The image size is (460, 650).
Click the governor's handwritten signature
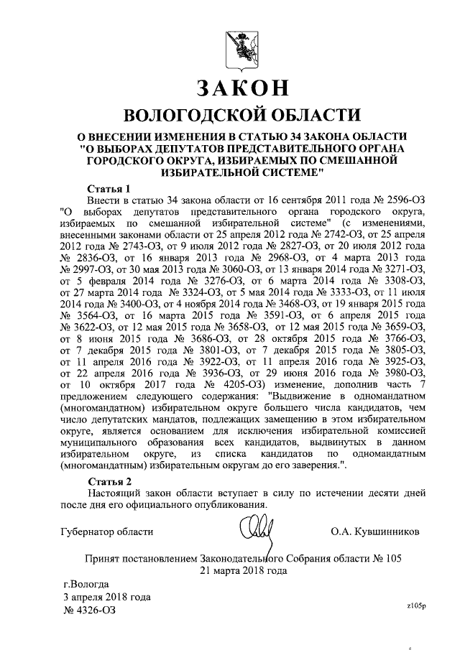[x=257, y=534]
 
